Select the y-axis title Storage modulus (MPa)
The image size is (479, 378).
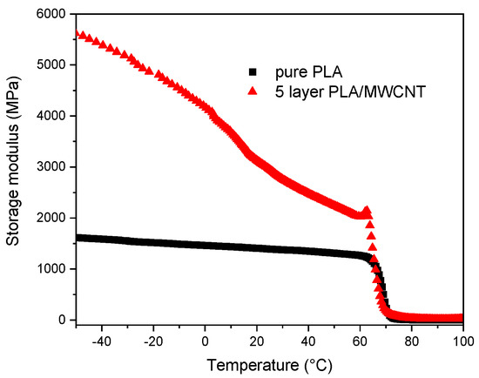[x=15, y=166]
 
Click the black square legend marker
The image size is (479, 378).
[x=253, y=72]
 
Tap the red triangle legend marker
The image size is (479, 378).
[x=253, y=91]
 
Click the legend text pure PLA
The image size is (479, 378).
[x=302, y=72]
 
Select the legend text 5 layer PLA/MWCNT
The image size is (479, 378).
[x=337, y=91]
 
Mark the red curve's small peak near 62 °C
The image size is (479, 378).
[x=367, y=210]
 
